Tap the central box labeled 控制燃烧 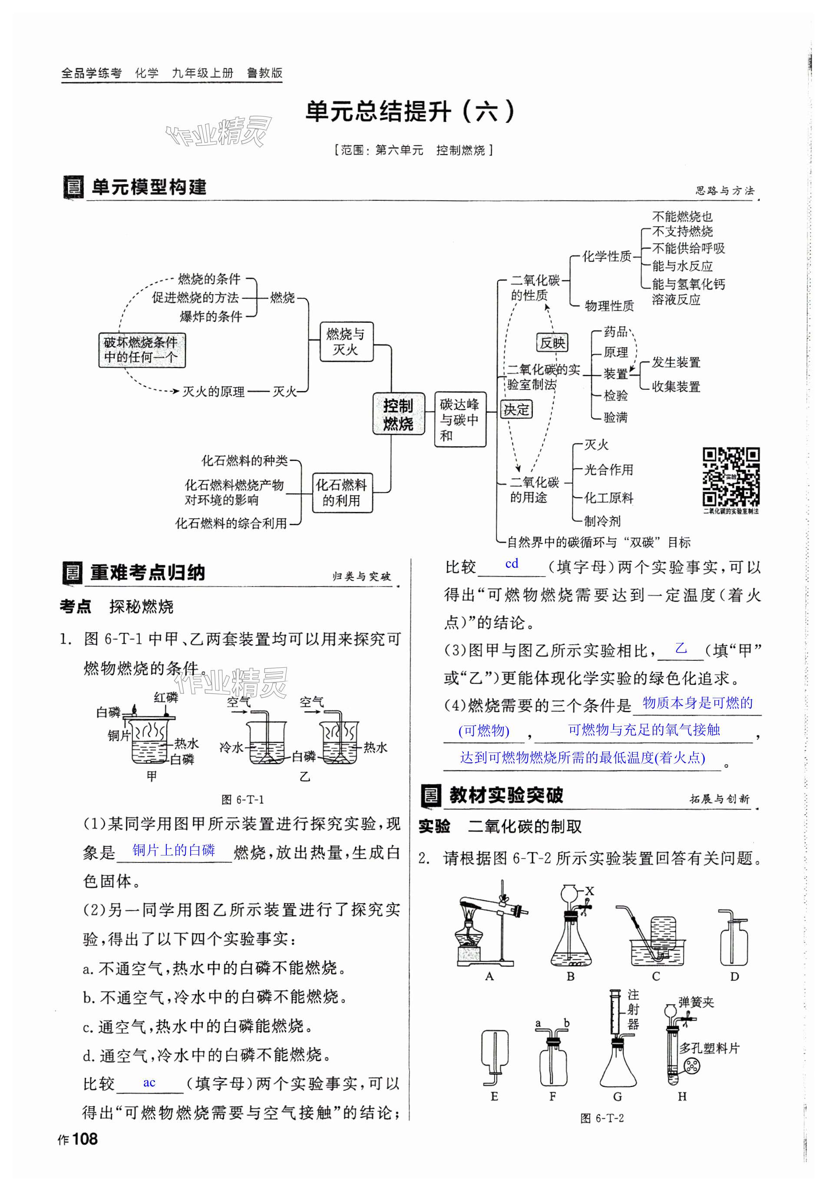tap(398, 414)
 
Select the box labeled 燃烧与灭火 tap(345, 341)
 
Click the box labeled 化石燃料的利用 tap(342, 492)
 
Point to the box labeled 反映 tap(552, 343)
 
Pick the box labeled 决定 tap(516, 409)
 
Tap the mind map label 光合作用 tap(608, 470)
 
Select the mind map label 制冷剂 tap(602, 521)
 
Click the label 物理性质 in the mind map tap(609, 306)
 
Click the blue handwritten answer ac tap(149, 1082)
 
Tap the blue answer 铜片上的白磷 tap(173, 849)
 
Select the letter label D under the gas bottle tap(734, 977)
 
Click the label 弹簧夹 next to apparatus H tap(696, 1002)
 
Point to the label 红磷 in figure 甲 tap(165, 697)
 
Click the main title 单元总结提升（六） tap(410, 112)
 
